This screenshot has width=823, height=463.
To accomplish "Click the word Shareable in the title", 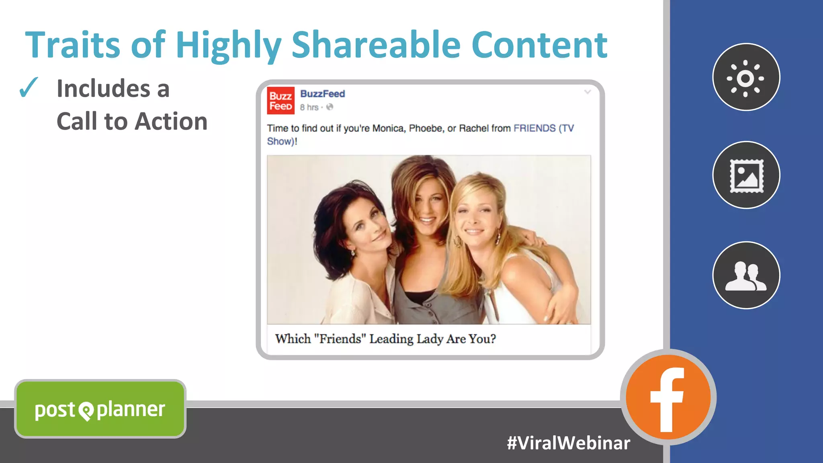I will pos(375,45).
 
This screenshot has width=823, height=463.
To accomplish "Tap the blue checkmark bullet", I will pos(29,87).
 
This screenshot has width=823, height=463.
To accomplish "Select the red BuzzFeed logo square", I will pos(280,100).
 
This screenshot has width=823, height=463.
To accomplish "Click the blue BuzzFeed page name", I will pos(322,94).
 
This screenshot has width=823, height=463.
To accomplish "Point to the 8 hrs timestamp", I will pos(309,107).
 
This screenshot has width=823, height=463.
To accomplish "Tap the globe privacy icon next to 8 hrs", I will pos(330,107).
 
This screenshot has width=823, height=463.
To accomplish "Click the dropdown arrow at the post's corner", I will pos(587,92).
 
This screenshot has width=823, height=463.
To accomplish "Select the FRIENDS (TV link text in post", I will pos(543,128).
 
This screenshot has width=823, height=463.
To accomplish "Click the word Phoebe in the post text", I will pos(426,128).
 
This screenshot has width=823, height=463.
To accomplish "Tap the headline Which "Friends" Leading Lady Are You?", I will pos(385,339).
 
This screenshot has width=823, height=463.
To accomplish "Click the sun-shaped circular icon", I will pos(746,77).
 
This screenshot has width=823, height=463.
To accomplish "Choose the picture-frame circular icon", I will pos(746,175).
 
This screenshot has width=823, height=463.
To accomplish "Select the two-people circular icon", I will pos(746,275).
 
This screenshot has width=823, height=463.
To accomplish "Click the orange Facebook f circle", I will pos(667,397).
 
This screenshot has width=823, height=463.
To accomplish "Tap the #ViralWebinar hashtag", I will pos(568,443).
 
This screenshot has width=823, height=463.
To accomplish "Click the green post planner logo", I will pos(100,409).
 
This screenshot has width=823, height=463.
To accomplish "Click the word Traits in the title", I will pos(72,45).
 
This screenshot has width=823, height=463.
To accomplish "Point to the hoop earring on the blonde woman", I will pos(457,241).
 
